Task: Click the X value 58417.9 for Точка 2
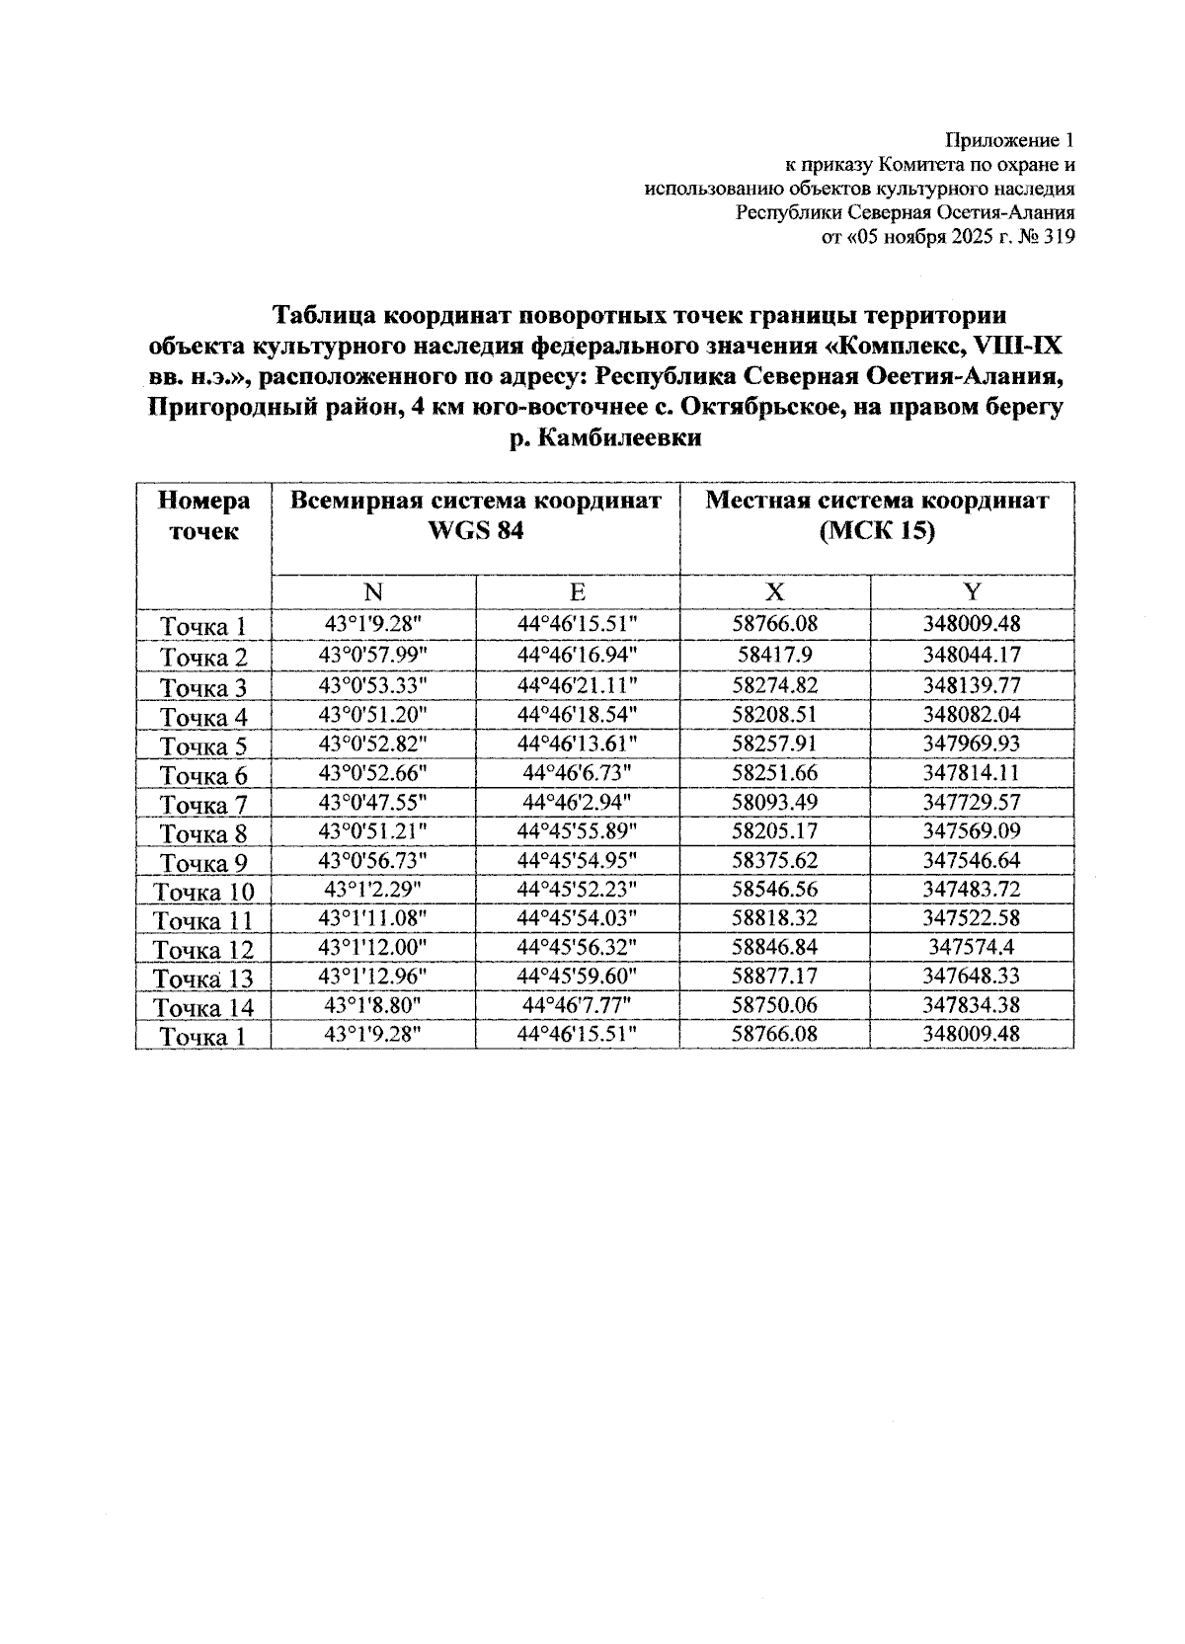pyautogui.click(x=774, y=655)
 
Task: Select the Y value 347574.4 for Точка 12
pyautogui.click(x=972, y=947)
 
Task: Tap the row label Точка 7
pyautogui.click(x=203, y=805)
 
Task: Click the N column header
pyautogui.click(x=372, y=592)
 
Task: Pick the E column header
pyautogui.click(x=577, y=592)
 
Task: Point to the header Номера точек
pyautogui.click(x=203, y=516)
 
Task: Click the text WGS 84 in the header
pyautogui.click(x=475, y=531)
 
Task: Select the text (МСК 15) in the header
pyautogui.click(x=876, y=531)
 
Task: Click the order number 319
pyautogui.click(x=1058, y=237)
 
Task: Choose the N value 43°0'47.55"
pyautogui.click(x=372, y=802)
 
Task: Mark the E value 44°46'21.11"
pyautogui.click(x=577, y=684)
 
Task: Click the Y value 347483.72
pyautogui.click(x=972, y=889)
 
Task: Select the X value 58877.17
pyautogui.click(x=774, y=976)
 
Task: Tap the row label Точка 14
pyautogui.click(x=203, y=1008)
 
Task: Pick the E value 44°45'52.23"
pyautogui.click(x=577, y=889)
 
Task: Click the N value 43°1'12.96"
pyautogui.click(x=372, y=976)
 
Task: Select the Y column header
pyautogui.click(x=972, y=592)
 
